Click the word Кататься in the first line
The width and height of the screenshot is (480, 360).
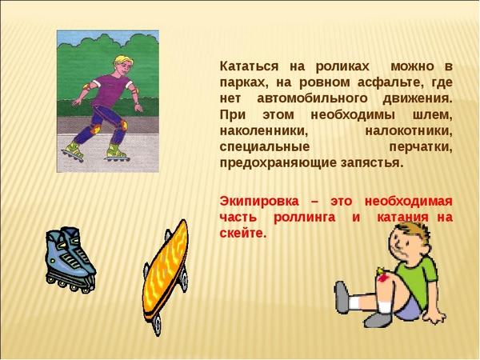(249, 67)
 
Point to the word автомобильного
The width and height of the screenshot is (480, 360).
(312, 99)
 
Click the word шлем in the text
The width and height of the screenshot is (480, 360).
(431, 115)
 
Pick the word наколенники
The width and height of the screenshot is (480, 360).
(263, 131)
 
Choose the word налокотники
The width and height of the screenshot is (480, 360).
(409, 131)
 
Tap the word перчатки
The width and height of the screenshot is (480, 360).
(421, 147)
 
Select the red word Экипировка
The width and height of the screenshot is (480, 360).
(259, 202)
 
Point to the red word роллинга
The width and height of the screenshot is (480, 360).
(304, 218)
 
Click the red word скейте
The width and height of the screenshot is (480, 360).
(242, 234)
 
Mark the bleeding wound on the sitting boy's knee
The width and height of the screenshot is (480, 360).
(382, 277)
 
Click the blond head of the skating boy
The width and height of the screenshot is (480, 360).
(123, 65)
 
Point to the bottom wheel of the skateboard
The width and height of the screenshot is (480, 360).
(158, 325)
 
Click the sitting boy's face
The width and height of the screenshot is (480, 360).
(403, 245)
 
